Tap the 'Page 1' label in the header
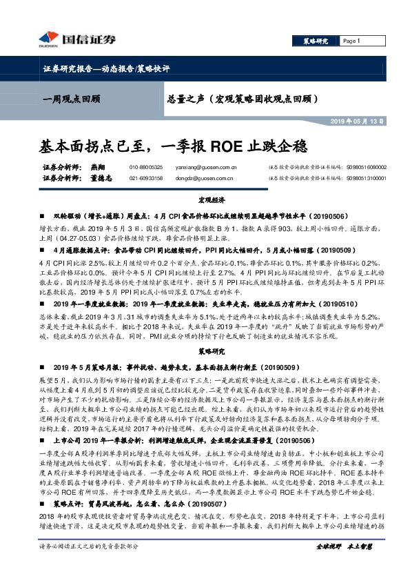351,41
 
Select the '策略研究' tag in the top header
316,41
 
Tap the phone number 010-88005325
146,167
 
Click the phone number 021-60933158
146,177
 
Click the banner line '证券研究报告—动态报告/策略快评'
102,69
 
